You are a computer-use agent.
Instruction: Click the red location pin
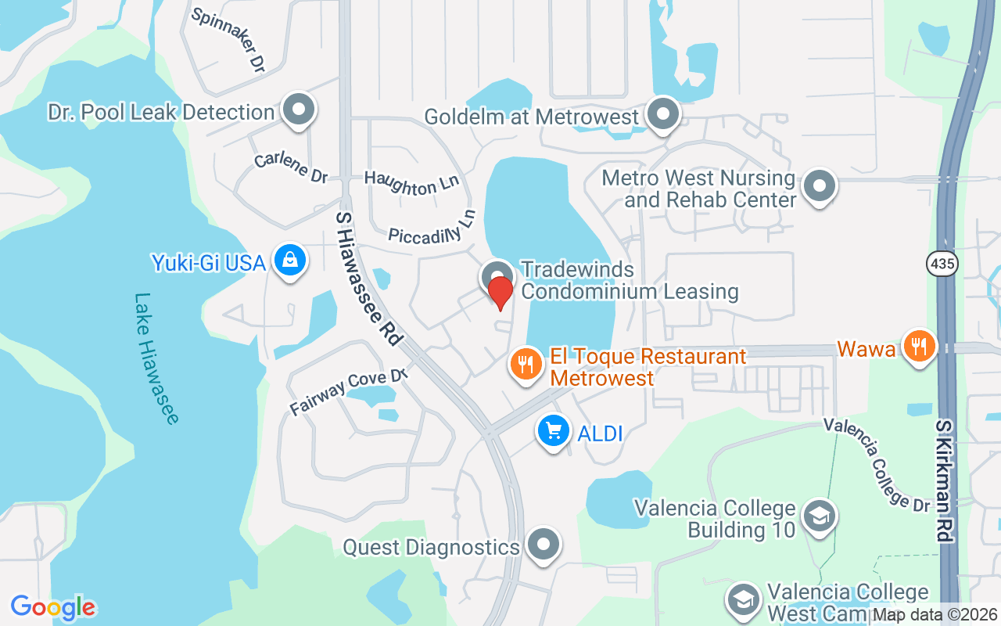tap(500, 292)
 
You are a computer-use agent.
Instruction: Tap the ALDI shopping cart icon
tap(554, 430)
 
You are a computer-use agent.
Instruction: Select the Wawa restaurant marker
tap(919, 345)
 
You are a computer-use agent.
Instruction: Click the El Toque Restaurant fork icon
tap(527, 364)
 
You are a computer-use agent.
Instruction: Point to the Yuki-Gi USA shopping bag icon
tap(289, 260)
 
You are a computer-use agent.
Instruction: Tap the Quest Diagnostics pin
tap(544, 543)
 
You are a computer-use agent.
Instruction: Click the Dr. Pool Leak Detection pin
tap(298, 110)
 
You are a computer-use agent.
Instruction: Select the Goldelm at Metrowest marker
tap(664, 114)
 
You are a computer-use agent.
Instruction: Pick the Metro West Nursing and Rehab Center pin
tap(820, 187)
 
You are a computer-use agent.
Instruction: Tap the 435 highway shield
tap(942, 264)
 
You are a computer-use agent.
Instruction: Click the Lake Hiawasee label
tap(156, 358)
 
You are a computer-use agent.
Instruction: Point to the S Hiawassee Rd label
tap(368, 277)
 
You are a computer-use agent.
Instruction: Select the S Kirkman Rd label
tap(945, 480)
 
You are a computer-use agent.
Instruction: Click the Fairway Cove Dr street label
tap(349, 392)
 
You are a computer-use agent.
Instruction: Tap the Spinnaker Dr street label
tap(228, 41)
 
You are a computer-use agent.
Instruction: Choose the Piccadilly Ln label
tap(432, 228)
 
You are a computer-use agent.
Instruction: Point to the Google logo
tap(53, 607)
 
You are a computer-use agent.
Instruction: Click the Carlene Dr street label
tap(291, 169)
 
